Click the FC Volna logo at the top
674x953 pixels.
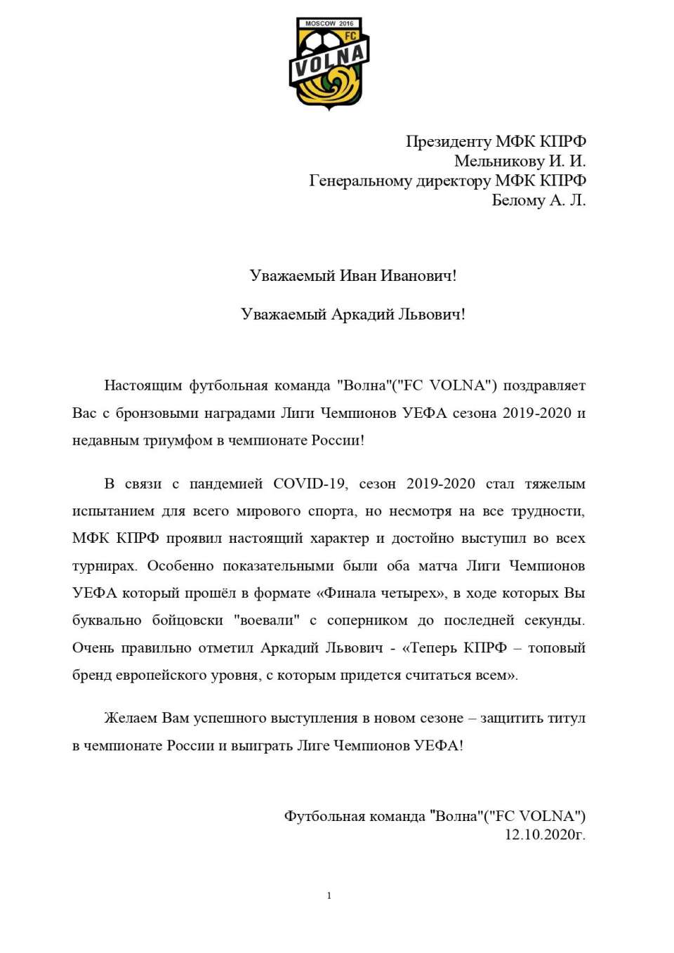[x=329, y=64]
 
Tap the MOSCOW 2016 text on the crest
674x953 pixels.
[x=329, y=24]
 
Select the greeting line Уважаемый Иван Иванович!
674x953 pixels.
[x=352, y=275]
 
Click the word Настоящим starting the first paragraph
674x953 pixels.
[x=143, y=385]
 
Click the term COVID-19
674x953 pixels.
[x=310, y=483]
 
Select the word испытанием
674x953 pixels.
[x=113, y=511]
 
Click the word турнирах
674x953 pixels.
[x=105, y=565]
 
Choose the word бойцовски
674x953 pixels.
[x=187, y=620]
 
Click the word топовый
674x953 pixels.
[x=556, y=648]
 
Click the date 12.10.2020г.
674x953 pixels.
[x=545, y=834]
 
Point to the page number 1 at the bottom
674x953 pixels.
[x=329, y=895]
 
